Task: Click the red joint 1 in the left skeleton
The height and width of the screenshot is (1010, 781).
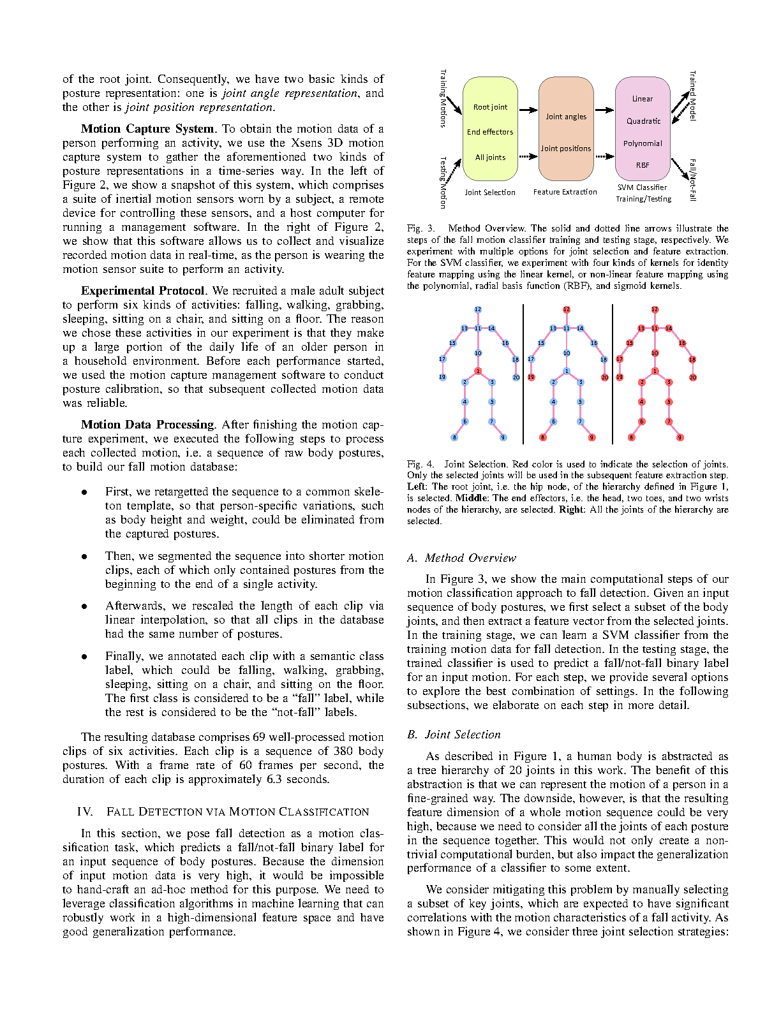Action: (478, 371)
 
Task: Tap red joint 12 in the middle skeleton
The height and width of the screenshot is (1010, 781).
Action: (567, 309)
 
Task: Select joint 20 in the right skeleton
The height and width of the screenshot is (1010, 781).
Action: (693, 377)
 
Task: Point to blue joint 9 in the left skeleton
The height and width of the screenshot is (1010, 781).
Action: (503, 437)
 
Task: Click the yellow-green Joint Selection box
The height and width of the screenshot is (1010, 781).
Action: (490, 129)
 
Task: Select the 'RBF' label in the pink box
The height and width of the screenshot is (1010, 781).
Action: (643, 165)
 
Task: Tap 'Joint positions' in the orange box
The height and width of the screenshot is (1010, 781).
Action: (566, 149)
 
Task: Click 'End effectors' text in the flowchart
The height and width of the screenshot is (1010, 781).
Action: (490, 132)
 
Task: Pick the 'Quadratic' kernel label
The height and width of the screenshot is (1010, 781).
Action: (643, 121)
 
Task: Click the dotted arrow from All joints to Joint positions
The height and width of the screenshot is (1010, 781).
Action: (528, 156)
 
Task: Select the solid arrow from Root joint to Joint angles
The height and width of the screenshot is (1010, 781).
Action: (528, 110)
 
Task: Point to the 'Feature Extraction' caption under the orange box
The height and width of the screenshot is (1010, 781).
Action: (565, 192)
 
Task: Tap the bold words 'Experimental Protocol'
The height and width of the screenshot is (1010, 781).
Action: (143, 291)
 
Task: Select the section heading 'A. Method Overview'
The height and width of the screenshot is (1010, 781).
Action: (461, 558)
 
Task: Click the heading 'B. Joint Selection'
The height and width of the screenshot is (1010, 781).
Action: (454, 735)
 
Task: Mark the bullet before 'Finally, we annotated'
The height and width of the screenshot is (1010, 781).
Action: (84, 656)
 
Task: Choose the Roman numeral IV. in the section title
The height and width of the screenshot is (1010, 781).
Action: (86, 812)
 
